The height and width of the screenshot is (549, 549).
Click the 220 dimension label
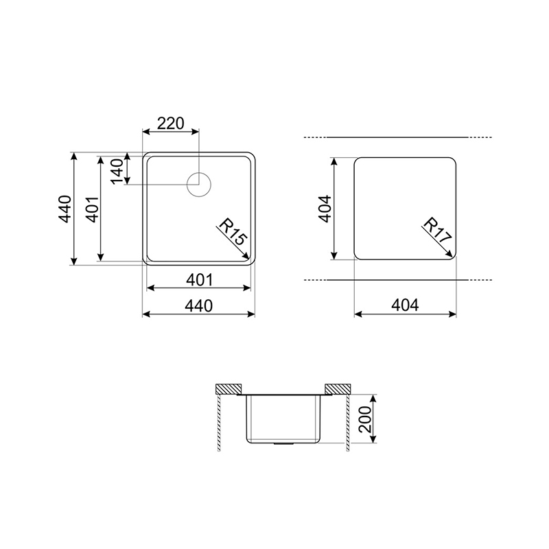pyautogui.click(x=170, y=124)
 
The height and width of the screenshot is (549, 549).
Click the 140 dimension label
pyautogui.click(x=117, y=171)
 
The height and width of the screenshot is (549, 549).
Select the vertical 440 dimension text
pyautogui.click(x=65, y=209)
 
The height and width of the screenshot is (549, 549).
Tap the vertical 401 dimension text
pyautogui.click(x=93, y=209)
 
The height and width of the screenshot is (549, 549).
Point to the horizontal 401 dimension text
pyautogui.click(x=199, y=280)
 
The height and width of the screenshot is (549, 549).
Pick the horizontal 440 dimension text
pyautogui.click(x=198, y=306)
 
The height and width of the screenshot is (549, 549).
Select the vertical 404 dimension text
pyautogui.click(x=325, y=209)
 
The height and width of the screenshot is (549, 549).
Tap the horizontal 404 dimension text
pyautogui.click(x=405, y=305)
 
